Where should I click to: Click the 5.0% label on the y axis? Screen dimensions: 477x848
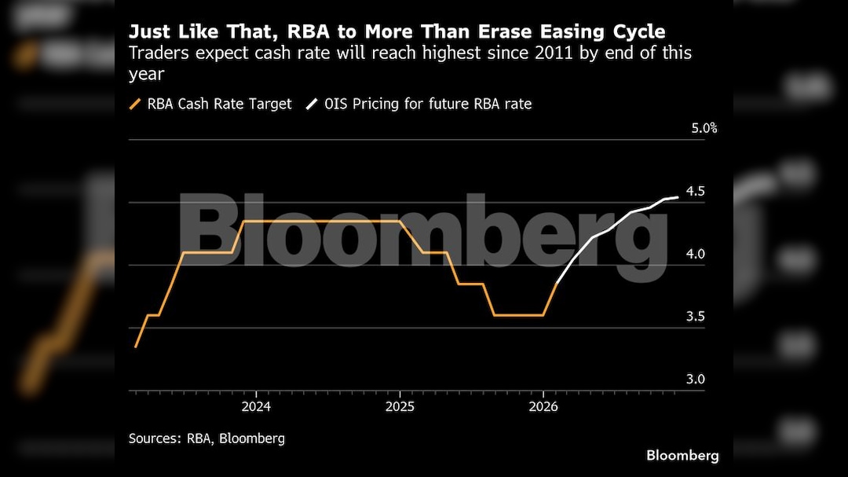pyautogui.click(x=704, y=128)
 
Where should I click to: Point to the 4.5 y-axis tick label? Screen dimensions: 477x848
pyautogui.click(x=696, y=191)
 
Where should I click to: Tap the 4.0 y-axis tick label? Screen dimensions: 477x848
pyautogui.click(x=696, y=254)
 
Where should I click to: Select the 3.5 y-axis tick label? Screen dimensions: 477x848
pyautogui.click(x=696, y=317)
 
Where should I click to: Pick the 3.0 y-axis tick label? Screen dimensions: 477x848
pyautogui.click(x=696, y=380)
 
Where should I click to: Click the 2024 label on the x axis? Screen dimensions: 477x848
pyautogui.click(x=256, y=407)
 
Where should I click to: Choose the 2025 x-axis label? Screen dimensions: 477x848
pyautogui.click(x=400, y=407)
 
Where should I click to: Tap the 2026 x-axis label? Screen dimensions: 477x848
pyautogui.click(x=543, y=407)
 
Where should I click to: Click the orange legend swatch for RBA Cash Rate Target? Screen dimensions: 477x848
pyautogui.click(x=135, y=104)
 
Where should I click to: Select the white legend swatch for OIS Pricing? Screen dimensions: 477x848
pyautogui.click(x=312, y=104)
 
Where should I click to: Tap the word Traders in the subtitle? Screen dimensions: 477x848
pyautogui.click(x=154, y=53)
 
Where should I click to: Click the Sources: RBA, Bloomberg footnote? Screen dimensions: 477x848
pyautogui.click(x=207, y=438)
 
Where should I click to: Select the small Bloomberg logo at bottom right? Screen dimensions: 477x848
pyautogui.click(x=682, y=456)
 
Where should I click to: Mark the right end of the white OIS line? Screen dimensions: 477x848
pyautogui.click(x=678, y=197)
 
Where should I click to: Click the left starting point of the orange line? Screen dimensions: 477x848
pyautogui.click(x=135, y=347)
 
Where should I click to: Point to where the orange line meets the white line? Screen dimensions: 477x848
pyautogui.click(x=557, y=283)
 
